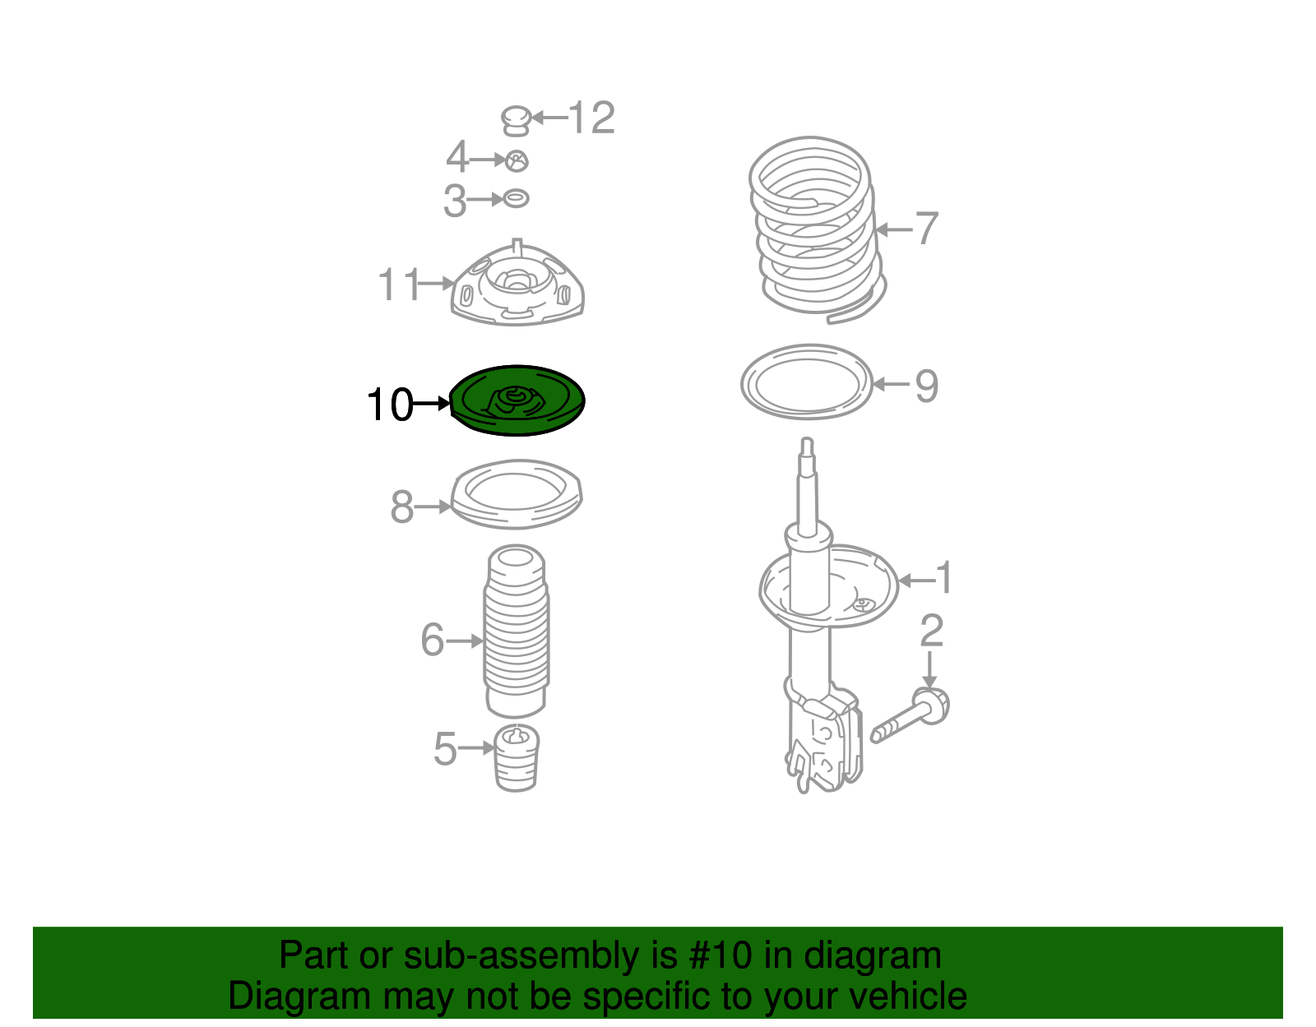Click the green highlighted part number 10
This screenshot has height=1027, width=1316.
518,401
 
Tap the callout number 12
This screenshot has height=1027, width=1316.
591,118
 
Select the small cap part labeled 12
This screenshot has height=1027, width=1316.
515,120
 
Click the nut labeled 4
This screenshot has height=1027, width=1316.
517,161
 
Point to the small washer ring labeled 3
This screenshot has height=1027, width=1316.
516,198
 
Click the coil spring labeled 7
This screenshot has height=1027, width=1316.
814,226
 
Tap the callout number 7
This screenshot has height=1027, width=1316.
927,229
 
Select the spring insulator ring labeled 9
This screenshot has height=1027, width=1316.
806,382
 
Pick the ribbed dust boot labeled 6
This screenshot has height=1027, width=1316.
516,633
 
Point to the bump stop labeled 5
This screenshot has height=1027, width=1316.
517,758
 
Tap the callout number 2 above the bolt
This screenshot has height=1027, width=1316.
931,631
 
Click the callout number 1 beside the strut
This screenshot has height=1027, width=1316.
944,578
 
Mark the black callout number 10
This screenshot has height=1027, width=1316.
390,405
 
